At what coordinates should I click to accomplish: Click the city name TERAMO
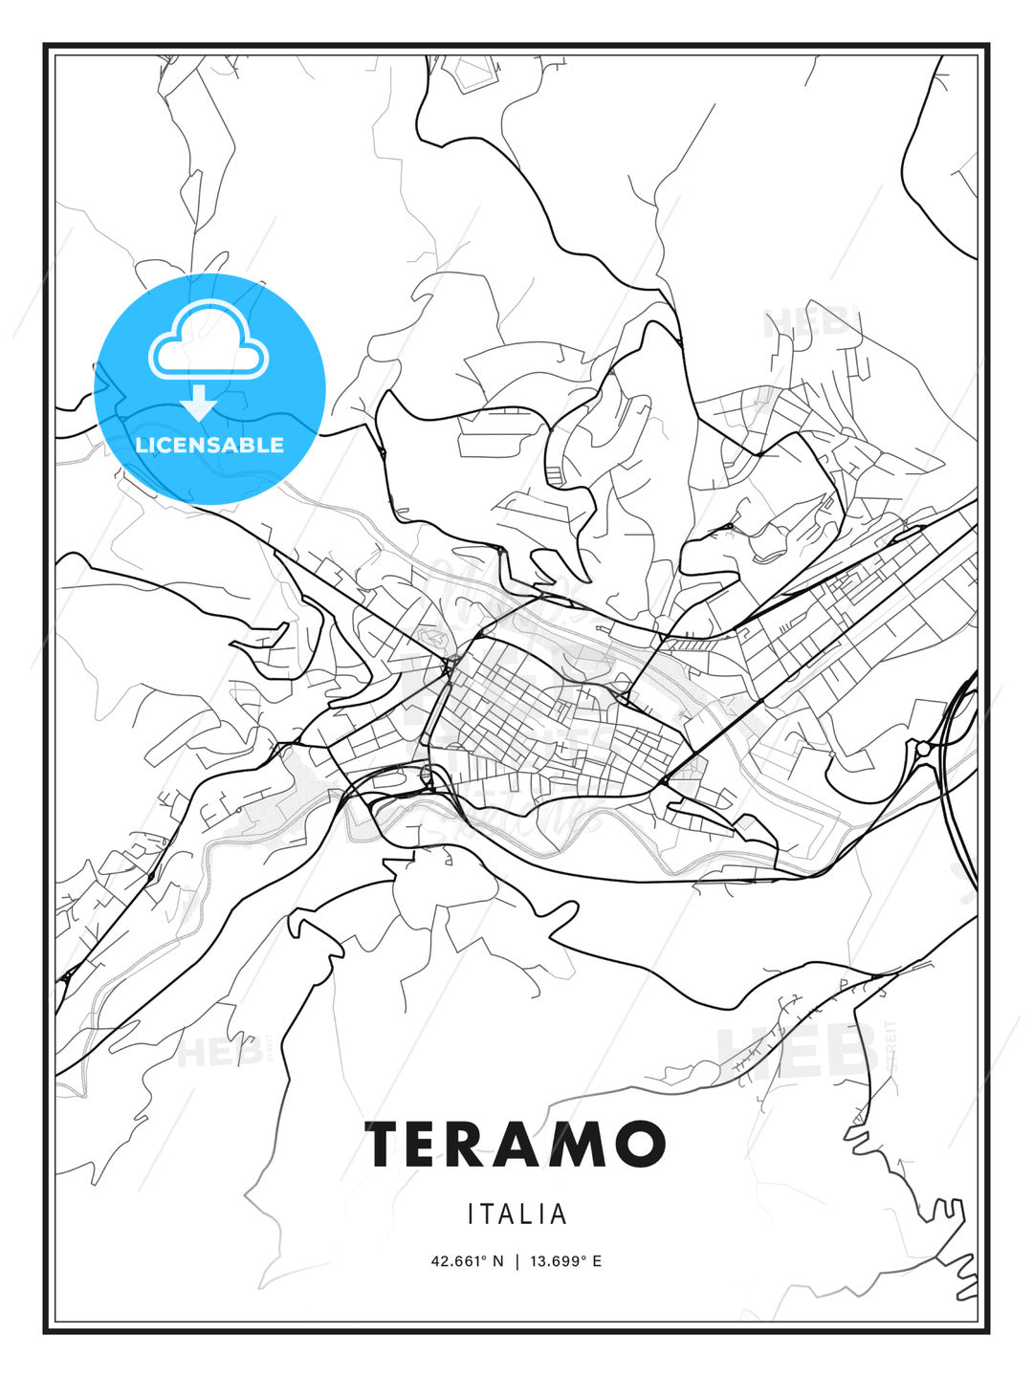(515, 1145)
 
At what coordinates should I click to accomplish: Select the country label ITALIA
(517, 1214)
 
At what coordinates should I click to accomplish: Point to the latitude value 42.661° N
(467, 1261)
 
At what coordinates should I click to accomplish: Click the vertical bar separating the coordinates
(516, 1261)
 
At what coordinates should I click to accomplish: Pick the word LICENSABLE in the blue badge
(209, 445)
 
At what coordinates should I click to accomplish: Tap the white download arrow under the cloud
(200, 404)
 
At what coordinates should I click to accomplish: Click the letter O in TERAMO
(638, 1145)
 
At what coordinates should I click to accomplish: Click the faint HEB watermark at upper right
(808, 323)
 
